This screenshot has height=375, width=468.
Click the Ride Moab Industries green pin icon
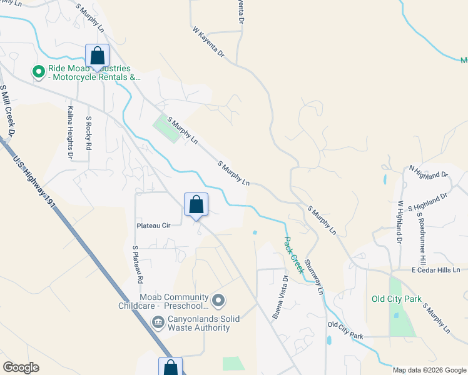tap(39, 72)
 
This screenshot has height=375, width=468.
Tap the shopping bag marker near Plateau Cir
tap(196, 204)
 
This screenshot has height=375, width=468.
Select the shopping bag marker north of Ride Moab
tap(97, 56)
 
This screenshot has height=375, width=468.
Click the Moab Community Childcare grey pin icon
tap(218, 301)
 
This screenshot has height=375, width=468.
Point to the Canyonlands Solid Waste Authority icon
tap(158, 322)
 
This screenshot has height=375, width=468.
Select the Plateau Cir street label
tap(153, 226)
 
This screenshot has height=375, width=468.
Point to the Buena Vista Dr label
tap(279, 297)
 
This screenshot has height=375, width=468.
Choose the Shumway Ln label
tap(314, 277)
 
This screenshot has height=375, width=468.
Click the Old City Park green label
tap(396, 299)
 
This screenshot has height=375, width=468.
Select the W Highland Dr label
tap(397, 222)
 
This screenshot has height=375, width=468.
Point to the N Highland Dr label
tap(429, 171)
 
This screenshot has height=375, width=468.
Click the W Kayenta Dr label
tap(208, 42)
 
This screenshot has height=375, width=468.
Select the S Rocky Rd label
tap(89, 132)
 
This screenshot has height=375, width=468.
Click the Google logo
tap(21, 367)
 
